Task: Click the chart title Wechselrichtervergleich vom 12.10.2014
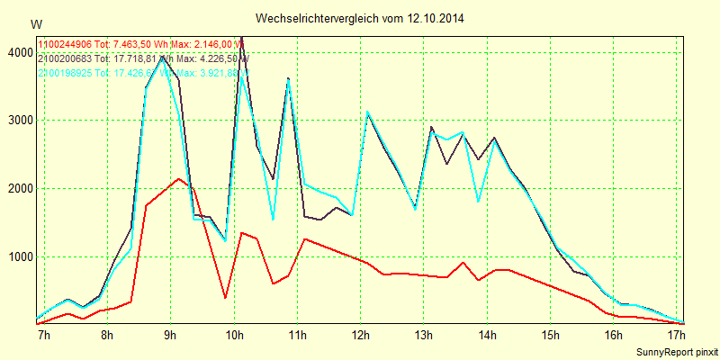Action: (x=360, y=18)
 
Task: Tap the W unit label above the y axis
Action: (x=36, y=24)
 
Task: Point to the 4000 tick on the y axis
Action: (x=19, y=53)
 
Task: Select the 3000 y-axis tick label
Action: (x=19, y=121)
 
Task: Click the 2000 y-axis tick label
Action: (x=19, y=189)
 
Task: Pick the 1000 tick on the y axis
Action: (x=19, y=256)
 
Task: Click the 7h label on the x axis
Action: (x=42, y=336)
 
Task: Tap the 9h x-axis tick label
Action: (x=170, y=336)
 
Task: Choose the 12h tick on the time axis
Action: (x=360, y=336)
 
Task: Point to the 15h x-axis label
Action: (x=550, y=336)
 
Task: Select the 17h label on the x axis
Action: (x=676, y=336)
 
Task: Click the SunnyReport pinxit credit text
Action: (x=677, y=351)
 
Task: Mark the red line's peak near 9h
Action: (x=180, y=179)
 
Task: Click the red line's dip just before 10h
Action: (x=225, y=297)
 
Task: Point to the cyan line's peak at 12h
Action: (x=367, y=112)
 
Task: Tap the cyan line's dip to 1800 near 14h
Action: (x=478, y=202)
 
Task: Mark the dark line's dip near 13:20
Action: (x=446, y=164)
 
